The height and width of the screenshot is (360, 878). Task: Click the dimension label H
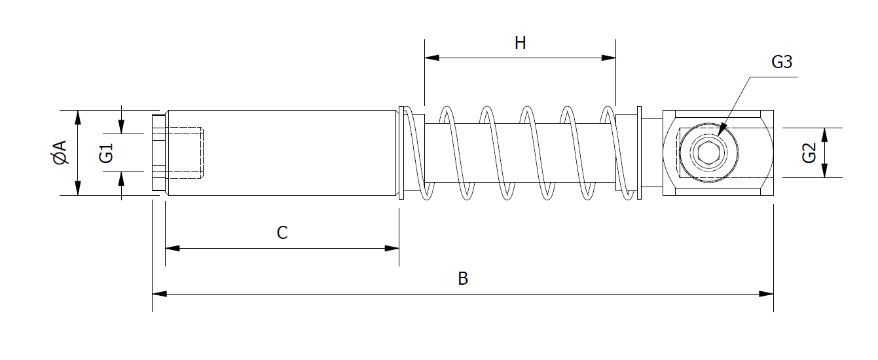520,44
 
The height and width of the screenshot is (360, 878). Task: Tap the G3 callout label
782,62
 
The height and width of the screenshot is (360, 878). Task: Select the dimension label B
462,279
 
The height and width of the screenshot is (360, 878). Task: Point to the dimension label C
282,233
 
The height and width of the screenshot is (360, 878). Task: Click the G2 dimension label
809,153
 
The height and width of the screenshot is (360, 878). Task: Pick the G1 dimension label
107,153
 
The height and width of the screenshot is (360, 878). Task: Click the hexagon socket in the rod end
707,154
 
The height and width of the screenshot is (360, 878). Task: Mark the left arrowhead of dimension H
432,58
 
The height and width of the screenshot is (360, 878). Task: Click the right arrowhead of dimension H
608,58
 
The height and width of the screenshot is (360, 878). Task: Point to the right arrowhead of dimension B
766,294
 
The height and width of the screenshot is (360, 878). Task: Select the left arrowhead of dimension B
160,294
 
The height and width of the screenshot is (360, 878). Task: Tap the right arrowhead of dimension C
392,248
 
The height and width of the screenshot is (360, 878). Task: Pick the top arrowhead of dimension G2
824,135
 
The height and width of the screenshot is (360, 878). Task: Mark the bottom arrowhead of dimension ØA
78,188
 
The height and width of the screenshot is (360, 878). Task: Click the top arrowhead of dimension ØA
78,118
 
